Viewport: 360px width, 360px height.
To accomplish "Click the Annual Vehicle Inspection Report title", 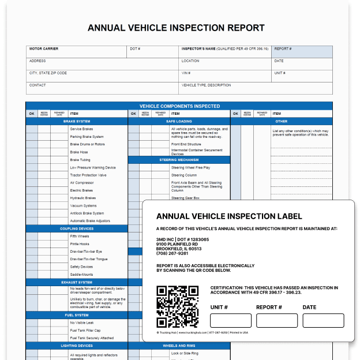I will (176, 28).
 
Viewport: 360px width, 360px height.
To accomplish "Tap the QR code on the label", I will (178, 306).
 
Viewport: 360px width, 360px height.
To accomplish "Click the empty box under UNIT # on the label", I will (231, 321).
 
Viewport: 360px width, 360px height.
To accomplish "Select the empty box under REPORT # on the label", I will (277, 321).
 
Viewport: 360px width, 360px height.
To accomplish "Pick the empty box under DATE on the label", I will (323, 321).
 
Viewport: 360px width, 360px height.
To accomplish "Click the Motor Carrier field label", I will (44, 49).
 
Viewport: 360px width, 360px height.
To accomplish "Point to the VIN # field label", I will (186, 73).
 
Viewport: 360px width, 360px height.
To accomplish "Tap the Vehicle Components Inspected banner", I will (179, 106).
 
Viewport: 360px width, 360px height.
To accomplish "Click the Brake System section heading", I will (77, 122).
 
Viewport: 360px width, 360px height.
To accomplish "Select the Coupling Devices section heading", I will (77, 228).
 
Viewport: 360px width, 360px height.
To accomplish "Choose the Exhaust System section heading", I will (77, 283).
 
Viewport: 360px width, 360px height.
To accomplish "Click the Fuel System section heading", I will (77, 315).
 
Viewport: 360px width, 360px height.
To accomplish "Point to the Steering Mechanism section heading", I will (179, 160).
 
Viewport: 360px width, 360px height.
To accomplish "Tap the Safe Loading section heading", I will (179, 122).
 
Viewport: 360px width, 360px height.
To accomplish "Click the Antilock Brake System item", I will (87, 213).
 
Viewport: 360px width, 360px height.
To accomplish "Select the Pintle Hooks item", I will (80, 244).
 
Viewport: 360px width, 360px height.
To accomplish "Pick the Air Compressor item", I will (81, 183).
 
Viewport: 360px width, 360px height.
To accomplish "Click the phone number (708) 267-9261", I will (172, 253).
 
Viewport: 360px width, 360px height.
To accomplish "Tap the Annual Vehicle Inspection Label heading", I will (229, 216).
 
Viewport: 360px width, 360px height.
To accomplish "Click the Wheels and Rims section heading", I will (179, 346).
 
